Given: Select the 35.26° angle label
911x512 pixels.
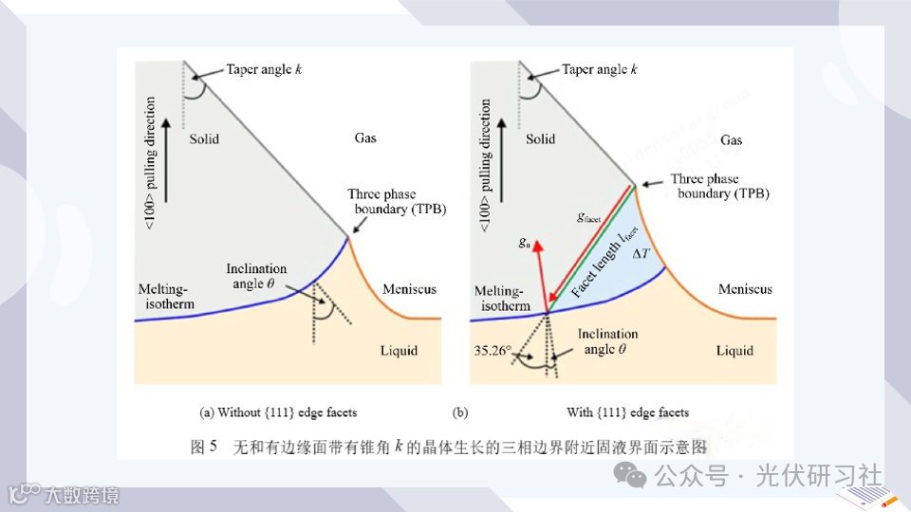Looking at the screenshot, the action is (493, 350).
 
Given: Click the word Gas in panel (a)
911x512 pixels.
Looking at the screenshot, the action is (365, 138).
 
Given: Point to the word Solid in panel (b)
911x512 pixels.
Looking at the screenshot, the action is (540, 139).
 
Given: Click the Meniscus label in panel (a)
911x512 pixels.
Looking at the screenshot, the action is (409, 288).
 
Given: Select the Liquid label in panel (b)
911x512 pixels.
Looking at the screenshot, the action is (734, 351).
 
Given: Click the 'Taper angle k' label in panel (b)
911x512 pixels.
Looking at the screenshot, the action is (600, 70).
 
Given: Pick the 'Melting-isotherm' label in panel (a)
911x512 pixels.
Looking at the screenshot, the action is (165, 296).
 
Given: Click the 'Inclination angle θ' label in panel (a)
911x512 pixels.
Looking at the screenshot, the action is (256, 276).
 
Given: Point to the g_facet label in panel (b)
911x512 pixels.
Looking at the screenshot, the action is (589, 217).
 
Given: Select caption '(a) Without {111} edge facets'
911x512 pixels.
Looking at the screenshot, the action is (278, 412).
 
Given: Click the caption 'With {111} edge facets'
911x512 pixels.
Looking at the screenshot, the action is (627, 412).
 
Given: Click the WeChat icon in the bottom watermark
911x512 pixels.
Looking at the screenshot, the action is (630, 475).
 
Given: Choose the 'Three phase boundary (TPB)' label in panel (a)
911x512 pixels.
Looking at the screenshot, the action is (397, 201).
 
